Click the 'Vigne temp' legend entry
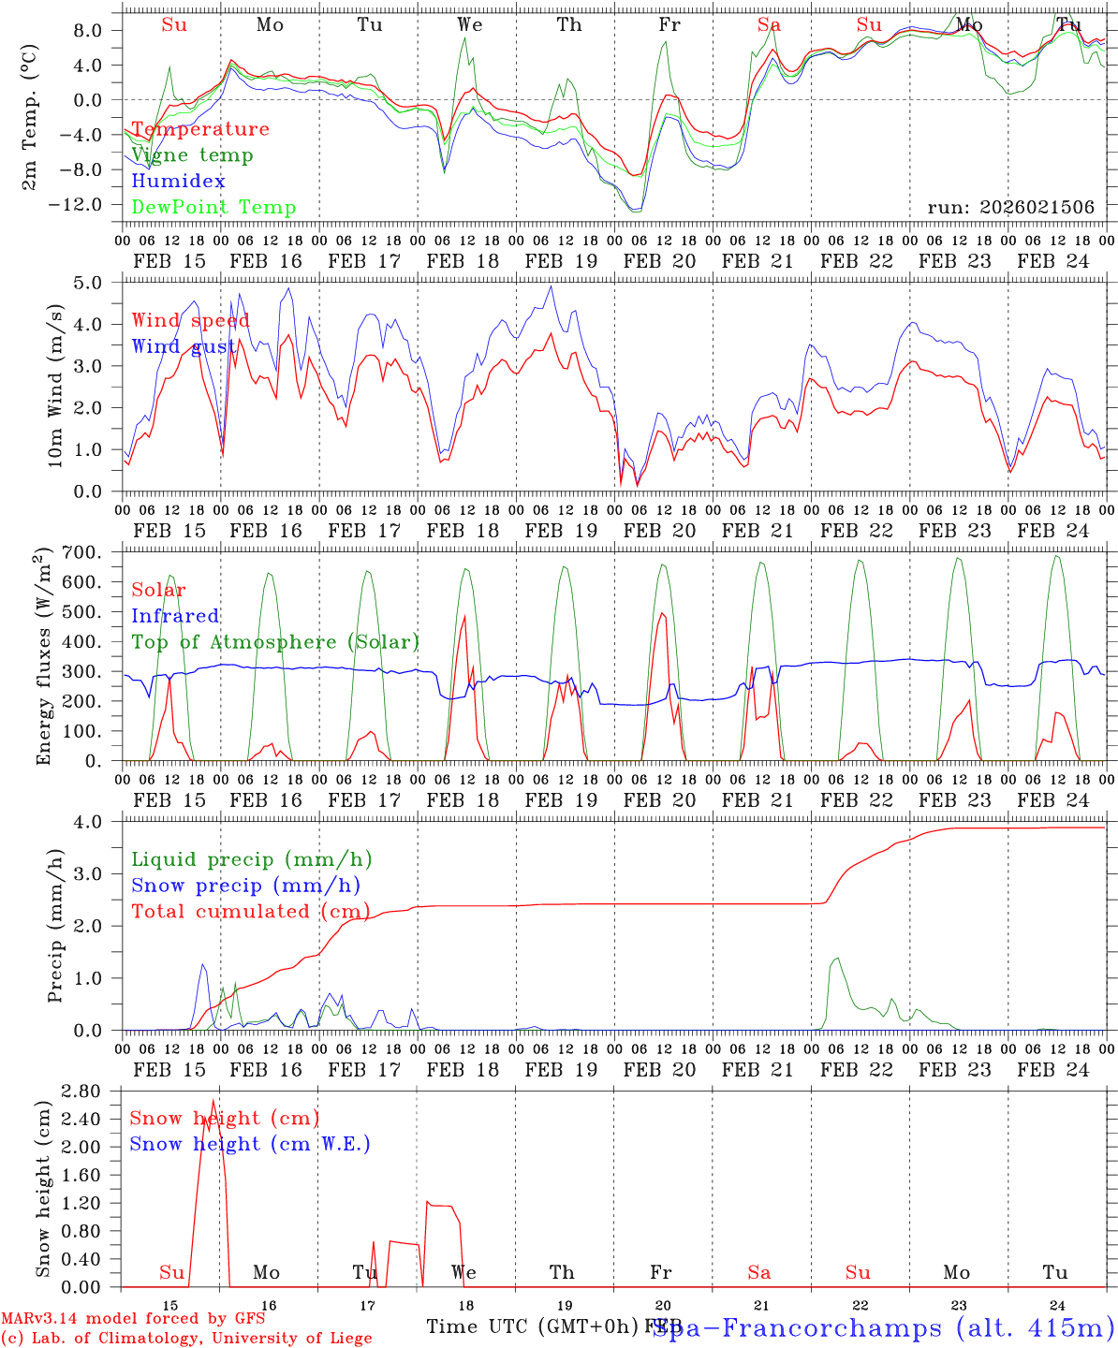coord(192,155)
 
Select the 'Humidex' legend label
coord(178,182)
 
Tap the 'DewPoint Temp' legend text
coord(213,208)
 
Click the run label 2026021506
coord(1010,208)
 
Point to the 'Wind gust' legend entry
coord(184,346)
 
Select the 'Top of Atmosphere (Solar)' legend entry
coord(274,642)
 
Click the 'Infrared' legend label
coord(175,616)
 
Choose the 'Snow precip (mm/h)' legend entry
coord(245,886)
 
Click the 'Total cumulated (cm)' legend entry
coord(250,912)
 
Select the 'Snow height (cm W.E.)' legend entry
coord(249,1144)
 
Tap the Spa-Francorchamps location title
coord(884,1328)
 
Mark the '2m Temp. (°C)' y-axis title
coord(30,113)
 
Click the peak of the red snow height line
coord(213,1100)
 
